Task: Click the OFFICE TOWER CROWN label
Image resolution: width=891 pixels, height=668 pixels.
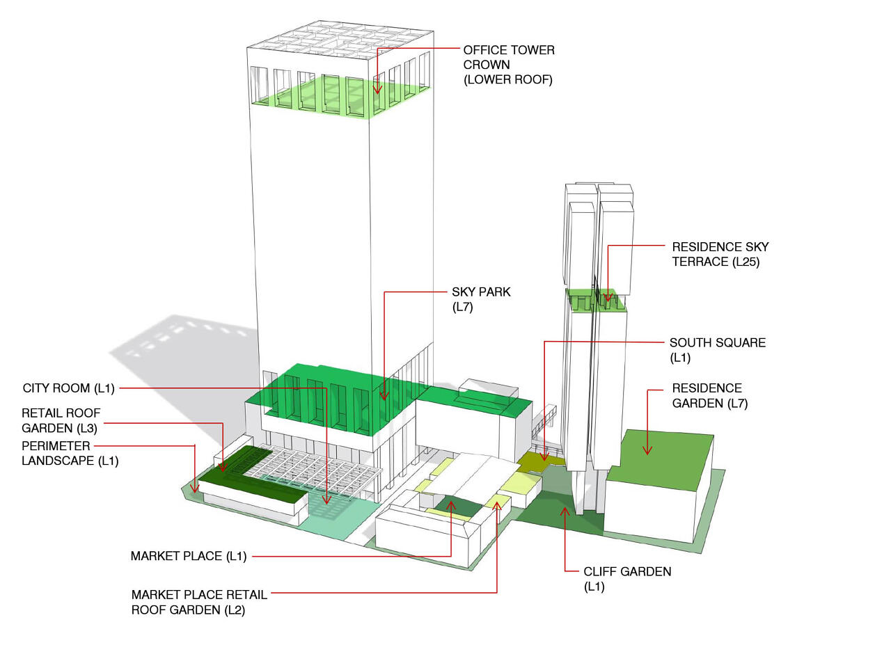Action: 509,65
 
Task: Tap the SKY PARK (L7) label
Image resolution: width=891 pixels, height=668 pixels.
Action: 481,299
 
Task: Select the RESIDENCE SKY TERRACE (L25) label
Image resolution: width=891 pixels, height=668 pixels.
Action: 720,254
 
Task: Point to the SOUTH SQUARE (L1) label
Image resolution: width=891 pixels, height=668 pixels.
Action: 717,350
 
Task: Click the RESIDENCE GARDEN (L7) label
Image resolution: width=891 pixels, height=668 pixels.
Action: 709,395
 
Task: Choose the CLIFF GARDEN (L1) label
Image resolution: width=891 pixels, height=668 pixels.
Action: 627,579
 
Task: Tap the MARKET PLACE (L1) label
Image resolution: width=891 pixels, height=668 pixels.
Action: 189,556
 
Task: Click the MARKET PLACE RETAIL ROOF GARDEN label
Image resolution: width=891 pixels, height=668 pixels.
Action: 199,603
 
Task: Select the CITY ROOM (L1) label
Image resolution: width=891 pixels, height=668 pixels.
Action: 69,388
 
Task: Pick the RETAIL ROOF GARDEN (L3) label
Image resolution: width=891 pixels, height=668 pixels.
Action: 61,420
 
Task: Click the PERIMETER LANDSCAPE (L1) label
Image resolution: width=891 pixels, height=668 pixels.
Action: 70,454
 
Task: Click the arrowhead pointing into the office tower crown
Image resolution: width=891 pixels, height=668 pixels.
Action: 377,89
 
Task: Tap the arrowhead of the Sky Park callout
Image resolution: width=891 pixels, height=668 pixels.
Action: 384,395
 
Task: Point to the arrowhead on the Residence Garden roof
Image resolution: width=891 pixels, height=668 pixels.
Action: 647,450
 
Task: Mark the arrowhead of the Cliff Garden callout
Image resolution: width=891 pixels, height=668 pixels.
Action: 565,512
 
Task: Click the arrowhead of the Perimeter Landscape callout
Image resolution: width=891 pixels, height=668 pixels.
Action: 195,488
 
